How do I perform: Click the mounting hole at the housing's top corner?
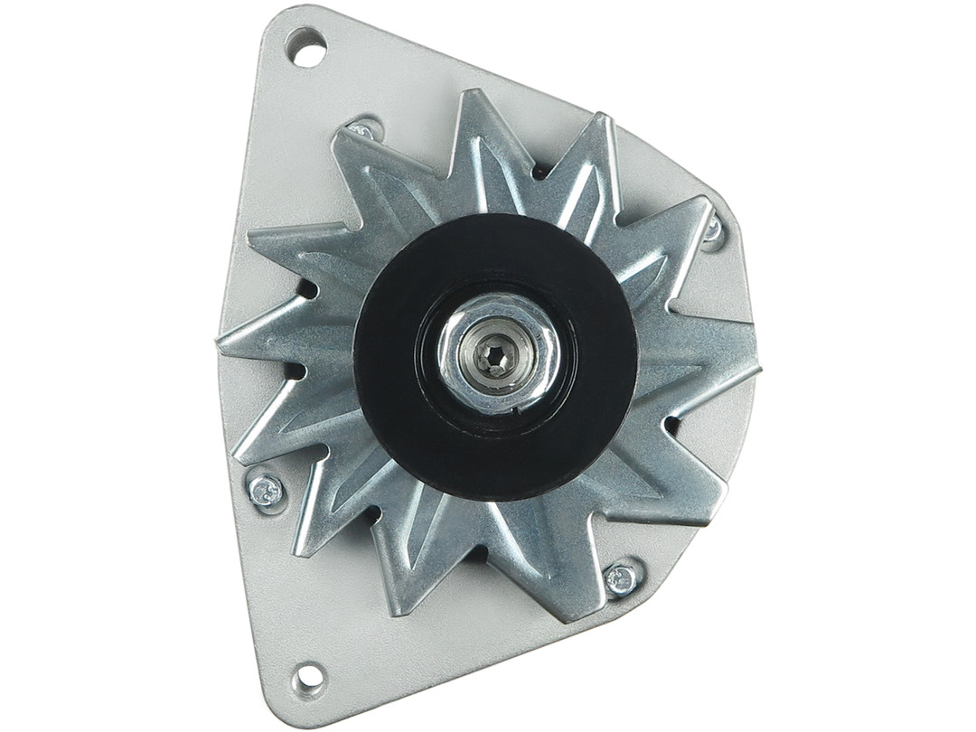tap(305, 47)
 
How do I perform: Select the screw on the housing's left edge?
tap(265, 491)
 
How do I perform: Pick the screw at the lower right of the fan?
tap(622, 579)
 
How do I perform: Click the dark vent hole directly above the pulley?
tap(540, 171)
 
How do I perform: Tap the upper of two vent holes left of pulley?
tap(307, 289)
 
